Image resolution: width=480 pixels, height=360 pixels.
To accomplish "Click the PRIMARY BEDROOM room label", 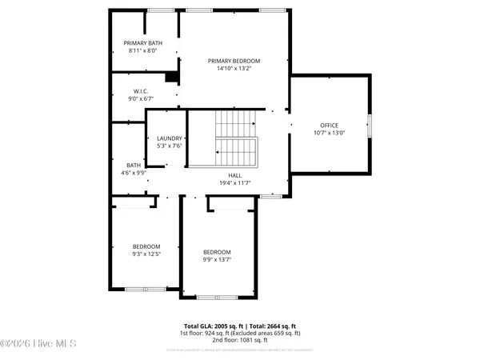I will pos(234,61).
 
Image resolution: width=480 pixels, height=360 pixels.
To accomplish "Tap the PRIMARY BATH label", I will pos(143,43).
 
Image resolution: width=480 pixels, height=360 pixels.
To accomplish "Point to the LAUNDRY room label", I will pos(169,138).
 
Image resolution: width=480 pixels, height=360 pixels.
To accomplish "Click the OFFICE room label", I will pos(330,126).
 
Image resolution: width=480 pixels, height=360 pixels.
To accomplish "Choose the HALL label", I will pos(234,175).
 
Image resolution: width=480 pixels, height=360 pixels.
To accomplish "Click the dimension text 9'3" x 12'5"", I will pos(146,254).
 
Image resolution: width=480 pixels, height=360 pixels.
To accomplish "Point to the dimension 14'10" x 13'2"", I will pos(234,69).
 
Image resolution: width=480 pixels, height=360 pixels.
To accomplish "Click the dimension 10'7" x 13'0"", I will pos(330,134).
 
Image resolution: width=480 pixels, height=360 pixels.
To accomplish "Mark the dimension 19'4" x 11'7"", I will pos(234,183).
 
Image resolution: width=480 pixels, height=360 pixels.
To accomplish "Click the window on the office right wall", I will pos(370,126).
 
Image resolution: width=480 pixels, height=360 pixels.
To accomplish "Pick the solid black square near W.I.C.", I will pos(170,78).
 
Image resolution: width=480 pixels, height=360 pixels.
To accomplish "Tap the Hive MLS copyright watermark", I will pos(38,345).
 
